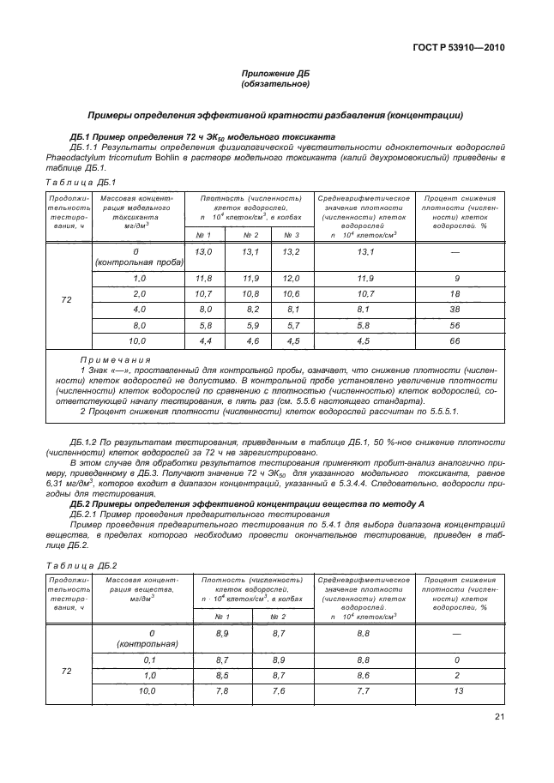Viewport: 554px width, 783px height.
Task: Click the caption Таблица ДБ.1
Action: [x=78, y=182]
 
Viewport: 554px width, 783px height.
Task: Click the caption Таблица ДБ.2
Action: [x=78, y=566]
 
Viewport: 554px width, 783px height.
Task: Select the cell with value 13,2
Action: [x=291, y=251]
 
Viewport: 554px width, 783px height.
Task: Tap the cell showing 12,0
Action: [x=291, y=279]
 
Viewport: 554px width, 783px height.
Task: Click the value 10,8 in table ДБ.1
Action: [x=250, y=294]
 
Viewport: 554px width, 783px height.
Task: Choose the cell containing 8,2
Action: [x=250, y=309]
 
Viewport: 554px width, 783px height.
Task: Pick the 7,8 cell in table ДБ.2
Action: [x=221, y=690]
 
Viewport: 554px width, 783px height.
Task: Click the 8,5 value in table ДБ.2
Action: [x=221, y=675]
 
